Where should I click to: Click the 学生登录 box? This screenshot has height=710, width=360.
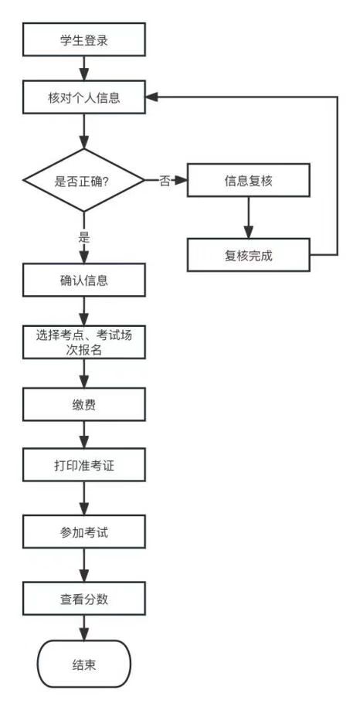pyautogui.click(x=84, y=39)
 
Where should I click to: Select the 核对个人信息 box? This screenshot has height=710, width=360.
pyautogui.click(x=84, y=97)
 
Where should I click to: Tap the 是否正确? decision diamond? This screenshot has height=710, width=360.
pyautogui.click(x=84, y=181)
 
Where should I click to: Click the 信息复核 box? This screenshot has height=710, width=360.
pyautogui.click(x=249, y=180)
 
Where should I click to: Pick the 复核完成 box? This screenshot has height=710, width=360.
pyautogui.click(x=249, y=255)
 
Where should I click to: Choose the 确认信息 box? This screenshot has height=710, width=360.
pyautogui.click(x=84, y=280)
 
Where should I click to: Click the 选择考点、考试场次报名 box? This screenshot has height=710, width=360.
pyautogui.click(x=84, y=342)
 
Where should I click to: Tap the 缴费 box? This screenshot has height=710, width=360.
pyautogui.click(x=84, y=404)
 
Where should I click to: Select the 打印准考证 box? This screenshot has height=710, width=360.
pyautogui.click(x=84, y=464)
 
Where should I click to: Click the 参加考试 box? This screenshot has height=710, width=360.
pyautogui.click(x=84, y=532)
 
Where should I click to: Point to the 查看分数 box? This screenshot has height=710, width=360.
pyautogui.click(x=84, y=599)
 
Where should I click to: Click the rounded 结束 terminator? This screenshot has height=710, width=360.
pyautogui.click(x=84, y=664)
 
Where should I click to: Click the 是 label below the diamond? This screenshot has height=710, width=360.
pyautogui.click(x=84, y=237)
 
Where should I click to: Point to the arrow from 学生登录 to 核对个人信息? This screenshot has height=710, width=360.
pyautogui.click(x=84, y=69)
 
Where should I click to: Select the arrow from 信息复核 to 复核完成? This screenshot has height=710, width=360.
pyautogui.click(x=249, y=217)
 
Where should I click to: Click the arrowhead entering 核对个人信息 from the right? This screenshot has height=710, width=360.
pyautogui.click(x=151, y=97)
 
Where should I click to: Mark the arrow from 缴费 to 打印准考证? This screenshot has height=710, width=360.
pyautogui.click(x=84, y=434)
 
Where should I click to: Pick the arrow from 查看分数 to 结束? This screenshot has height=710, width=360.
pyautogui.click(x=84, y=627)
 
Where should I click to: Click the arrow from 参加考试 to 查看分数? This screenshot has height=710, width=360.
pyautogui.click(x=84, y=565)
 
